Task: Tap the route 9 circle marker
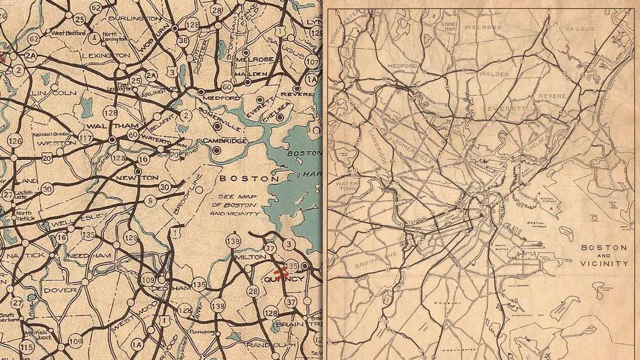(x=151, y=201)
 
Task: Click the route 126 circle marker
(x=15, y=141)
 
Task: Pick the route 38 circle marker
(x=183, y=40)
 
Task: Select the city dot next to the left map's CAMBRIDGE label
(x=217, y=150)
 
